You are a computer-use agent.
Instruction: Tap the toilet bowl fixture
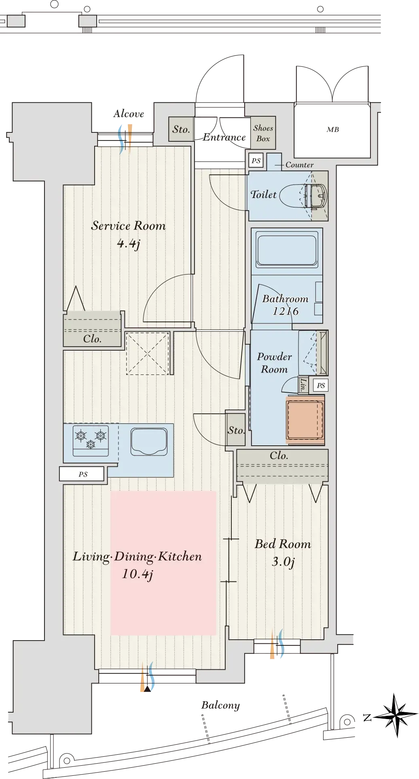click(303, 196)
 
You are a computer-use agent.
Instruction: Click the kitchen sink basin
click(149, 442)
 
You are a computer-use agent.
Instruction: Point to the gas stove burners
click(91, 441)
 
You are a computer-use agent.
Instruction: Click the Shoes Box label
click(263, 133)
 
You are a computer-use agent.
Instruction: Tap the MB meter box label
click(333, 130)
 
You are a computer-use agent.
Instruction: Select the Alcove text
click(129, 114)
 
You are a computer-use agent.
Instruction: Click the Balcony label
click(220, 705)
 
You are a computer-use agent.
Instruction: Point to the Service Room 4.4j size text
click(128, 244)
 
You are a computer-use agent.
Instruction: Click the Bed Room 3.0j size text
click(283, 562)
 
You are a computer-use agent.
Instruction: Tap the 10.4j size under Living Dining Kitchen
click(138, 574)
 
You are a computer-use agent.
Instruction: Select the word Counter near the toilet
click(299, 165)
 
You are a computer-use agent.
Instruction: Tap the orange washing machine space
click(305, 420)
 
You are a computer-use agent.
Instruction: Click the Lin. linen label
click(303, 385)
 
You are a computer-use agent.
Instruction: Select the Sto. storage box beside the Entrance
click(181, 129)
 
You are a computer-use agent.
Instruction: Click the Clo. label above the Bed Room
click(279, 455)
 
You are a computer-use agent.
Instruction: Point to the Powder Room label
click(274, 363)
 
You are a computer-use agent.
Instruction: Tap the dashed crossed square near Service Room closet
click(147, 353)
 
